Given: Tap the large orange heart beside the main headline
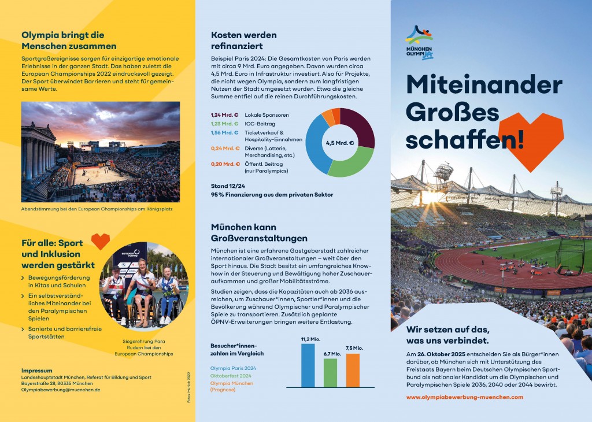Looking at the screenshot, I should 531,139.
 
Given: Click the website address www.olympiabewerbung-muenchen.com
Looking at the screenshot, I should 465,397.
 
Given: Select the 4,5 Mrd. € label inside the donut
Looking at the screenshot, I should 340,143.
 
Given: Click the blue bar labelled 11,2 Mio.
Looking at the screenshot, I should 308,365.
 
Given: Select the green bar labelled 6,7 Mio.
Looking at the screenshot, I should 330,373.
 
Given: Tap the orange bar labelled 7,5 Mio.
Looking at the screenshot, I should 353,370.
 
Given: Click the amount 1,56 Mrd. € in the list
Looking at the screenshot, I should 224,132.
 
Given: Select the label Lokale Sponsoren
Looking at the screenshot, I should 267,115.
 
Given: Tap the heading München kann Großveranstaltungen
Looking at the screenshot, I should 259,233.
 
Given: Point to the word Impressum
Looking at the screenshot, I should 36,370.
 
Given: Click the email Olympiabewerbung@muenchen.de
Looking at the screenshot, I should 61,390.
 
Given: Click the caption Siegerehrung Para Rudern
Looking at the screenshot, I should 144,347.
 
